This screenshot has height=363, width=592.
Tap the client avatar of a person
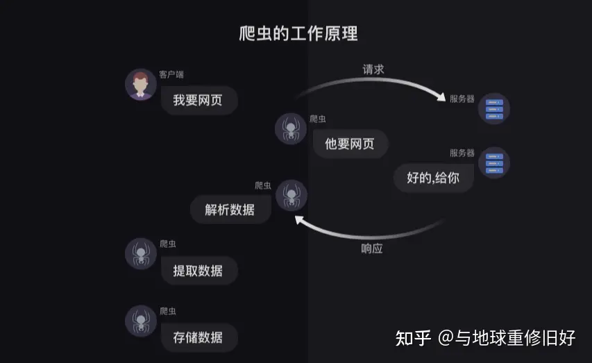coord(140,85)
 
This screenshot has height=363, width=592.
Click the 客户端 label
coord(171,74)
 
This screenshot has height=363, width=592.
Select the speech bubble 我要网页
coord(199,101)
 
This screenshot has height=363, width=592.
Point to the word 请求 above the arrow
coord(373,69)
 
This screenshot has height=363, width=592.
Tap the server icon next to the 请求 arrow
coord(494,109)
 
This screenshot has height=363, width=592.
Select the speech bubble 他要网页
coord(349,144)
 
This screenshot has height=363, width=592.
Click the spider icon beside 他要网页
coord(291,128)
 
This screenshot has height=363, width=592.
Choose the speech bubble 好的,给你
coord(434,178)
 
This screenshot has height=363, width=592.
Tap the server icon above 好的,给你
coord(494,162)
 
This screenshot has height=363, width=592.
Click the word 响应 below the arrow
coord(372,248)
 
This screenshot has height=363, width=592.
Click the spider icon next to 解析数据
coord(291,195)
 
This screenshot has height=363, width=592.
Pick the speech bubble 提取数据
coord(199,271)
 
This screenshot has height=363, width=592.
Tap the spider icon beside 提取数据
coord(141,254)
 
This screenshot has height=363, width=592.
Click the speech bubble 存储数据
coord(199,337)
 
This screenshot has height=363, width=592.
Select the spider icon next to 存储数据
coord(141,321)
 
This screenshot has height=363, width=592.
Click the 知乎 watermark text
coord(414,338)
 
